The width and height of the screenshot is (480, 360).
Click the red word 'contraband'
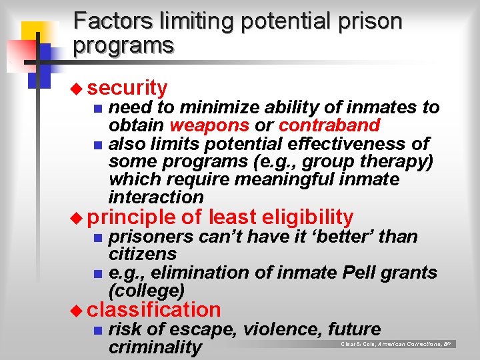point(329,125)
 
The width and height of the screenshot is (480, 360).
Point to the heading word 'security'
point(127,87)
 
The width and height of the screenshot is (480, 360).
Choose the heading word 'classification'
point(153,309)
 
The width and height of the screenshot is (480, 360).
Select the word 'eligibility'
point(308,217)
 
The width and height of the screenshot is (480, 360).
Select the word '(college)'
point(146,291)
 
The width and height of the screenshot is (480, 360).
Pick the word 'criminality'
point(155,347)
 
